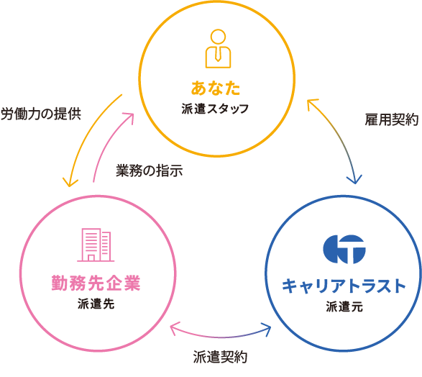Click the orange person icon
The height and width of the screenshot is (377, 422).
[218, 48]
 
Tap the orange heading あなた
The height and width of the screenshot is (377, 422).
[216, 88]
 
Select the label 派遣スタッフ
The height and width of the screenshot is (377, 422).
[215, 109]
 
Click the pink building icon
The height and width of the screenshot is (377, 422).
[96, 245]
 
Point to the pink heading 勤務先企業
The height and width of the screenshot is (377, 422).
[96, 283]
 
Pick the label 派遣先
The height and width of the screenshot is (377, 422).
[96, 304]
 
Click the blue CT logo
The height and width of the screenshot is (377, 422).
[344, 249]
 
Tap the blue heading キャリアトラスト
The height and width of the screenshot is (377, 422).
[344, 286]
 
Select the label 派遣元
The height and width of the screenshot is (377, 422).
[344, 306]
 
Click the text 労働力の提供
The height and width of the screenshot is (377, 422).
[41, 114]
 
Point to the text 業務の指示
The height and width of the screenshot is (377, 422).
[150, 171]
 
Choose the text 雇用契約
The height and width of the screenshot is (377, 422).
[392, 120]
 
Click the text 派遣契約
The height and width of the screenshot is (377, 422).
[220, 358]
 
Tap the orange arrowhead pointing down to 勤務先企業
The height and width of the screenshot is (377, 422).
[70, 183]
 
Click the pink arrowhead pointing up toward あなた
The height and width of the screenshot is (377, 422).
[129, 118]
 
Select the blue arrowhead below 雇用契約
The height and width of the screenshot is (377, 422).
[354, 180]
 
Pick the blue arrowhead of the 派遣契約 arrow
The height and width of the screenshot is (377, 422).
[267, 330]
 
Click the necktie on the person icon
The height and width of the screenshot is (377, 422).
[218, 55]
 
